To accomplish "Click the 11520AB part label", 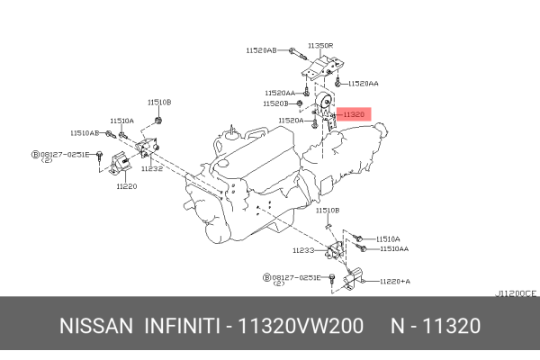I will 260,51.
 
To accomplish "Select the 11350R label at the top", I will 320,45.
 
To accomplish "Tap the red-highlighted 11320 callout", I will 353,114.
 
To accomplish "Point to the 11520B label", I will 276,103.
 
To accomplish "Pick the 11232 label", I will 151,168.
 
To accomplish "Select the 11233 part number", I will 303,250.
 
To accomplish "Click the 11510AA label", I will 393,248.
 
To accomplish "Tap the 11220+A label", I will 394,281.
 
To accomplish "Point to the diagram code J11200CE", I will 517,293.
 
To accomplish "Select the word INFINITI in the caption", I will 184,325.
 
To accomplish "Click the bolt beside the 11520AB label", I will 294,52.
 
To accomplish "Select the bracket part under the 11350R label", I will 322,70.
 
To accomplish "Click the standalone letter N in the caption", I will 397,325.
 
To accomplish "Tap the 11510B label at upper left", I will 159,103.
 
